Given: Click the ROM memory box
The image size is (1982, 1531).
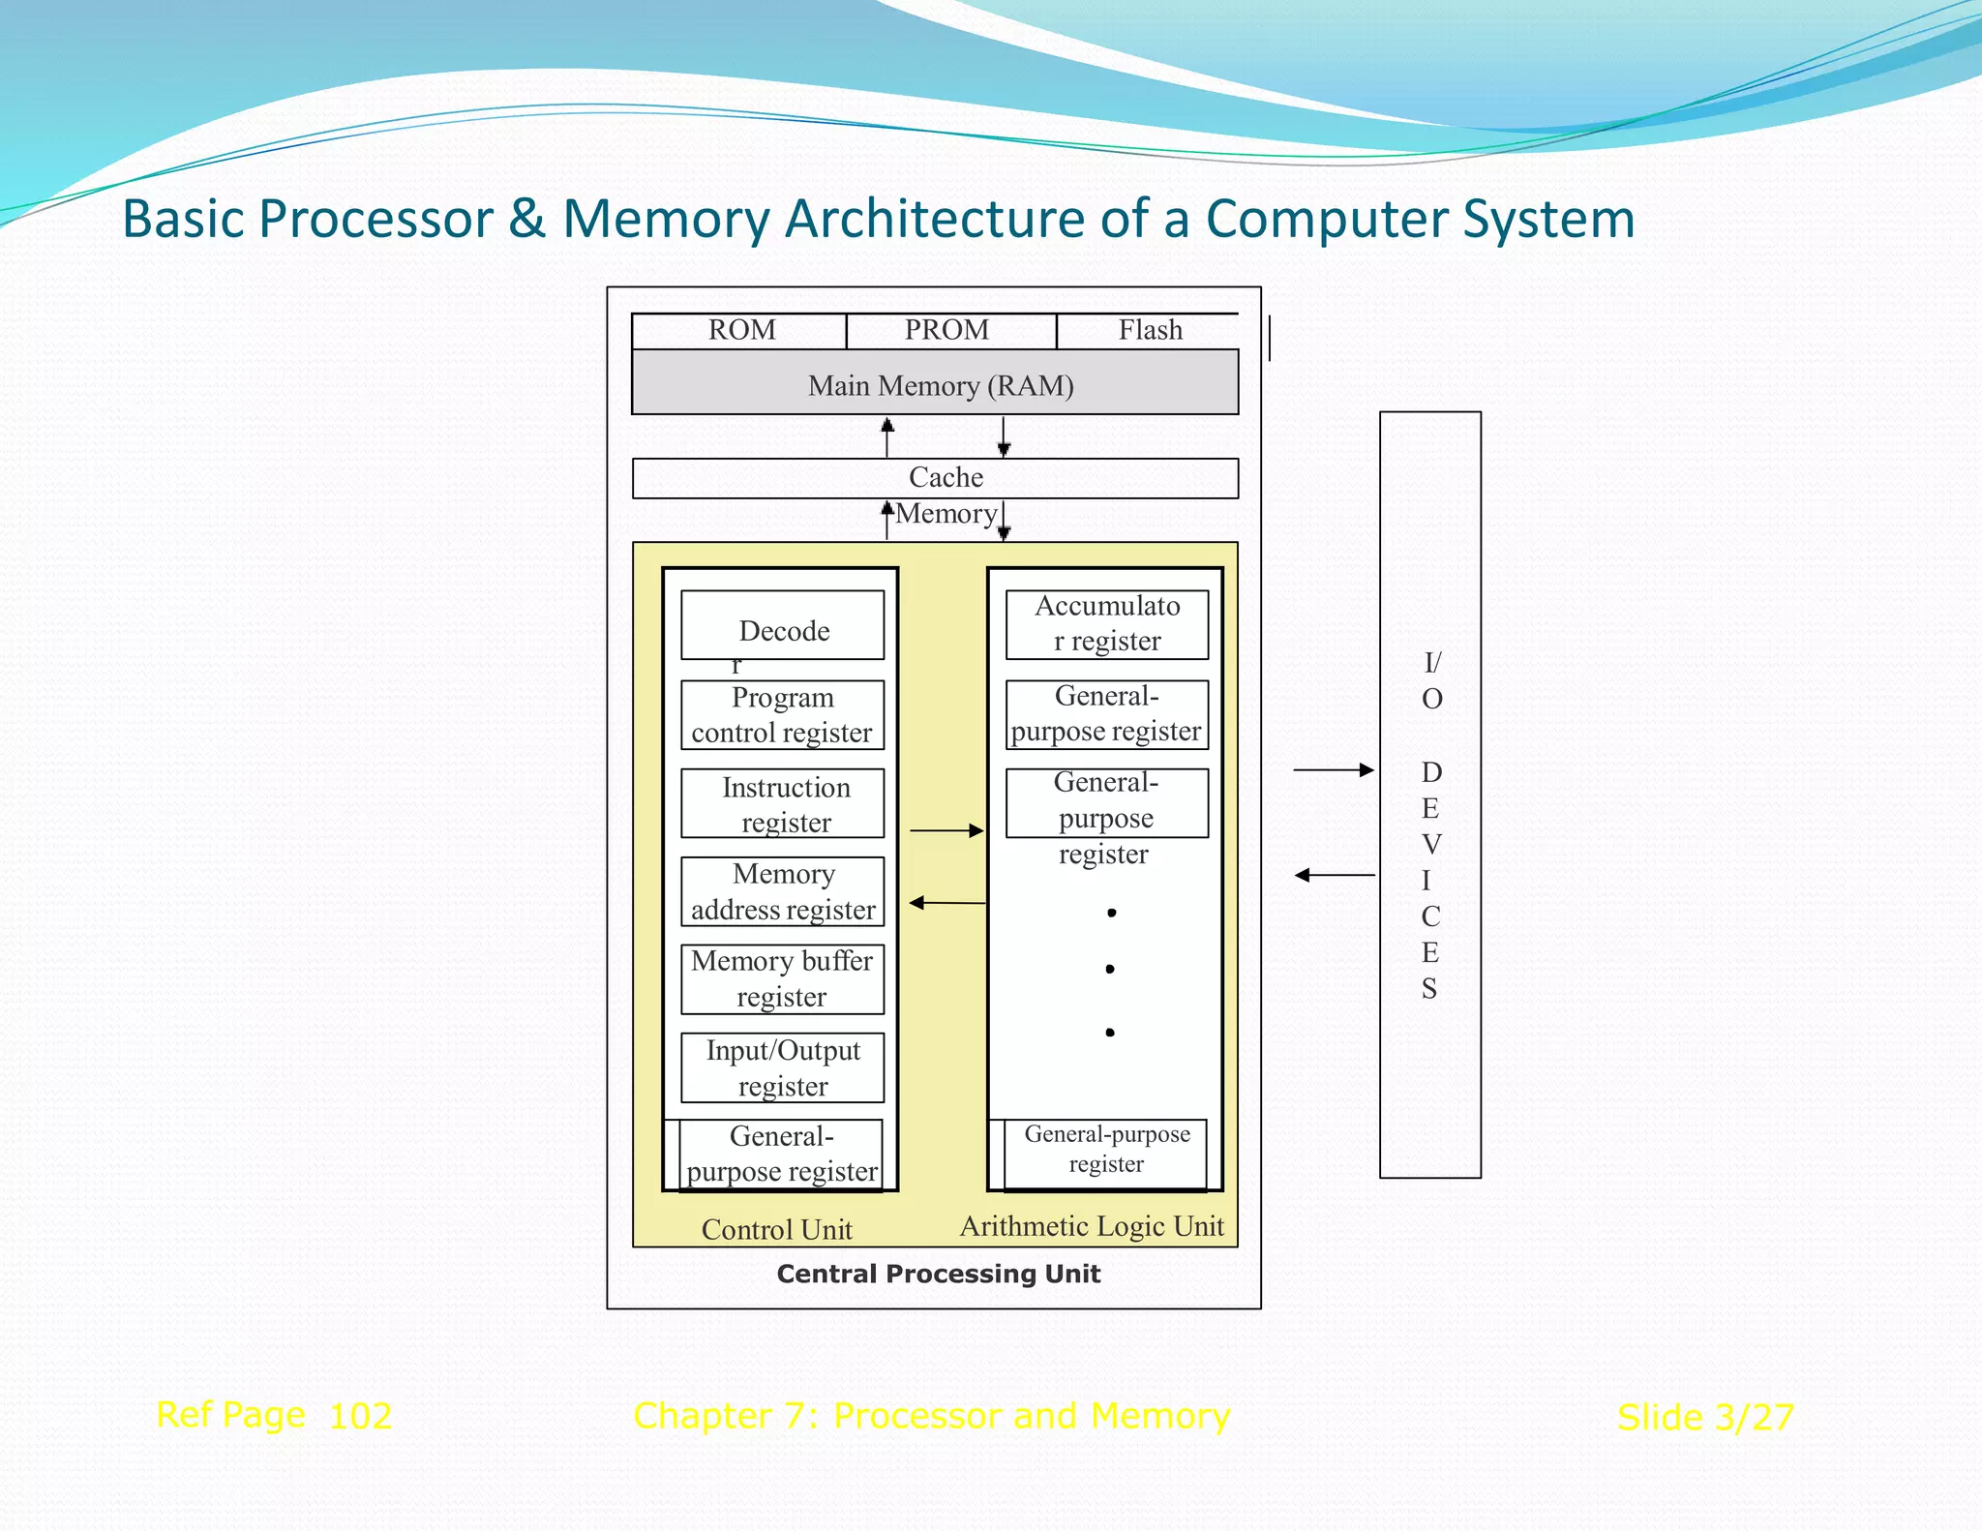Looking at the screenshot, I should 740,331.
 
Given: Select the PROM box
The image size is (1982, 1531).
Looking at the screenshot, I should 948,331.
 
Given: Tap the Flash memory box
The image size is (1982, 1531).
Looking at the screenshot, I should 1149,331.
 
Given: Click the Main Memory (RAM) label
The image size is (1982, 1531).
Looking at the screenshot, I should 940,386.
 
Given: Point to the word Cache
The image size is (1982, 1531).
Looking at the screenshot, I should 946,478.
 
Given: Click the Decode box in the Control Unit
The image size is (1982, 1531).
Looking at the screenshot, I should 782,626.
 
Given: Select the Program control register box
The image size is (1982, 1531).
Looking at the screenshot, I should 782,715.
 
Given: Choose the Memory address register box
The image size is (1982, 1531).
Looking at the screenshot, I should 782,892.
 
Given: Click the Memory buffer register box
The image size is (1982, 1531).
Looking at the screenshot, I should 782,979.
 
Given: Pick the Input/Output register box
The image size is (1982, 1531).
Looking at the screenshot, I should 782,1068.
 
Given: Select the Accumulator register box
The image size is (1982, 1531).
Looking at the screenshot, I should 1107,624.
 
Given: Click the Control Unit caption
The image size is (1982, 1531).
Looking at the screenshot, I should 776,1230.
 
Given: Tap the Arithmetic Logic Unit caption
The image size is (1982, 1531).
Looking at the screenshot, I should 1092,1227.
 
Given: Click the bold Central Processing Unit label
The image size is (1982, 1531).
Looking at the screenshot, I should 938,1274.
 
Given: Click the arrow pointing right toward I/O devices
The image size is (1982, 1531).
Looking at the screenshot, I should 1334,770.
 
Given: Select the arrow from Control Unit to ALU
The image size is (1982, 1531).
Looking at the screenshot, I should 946,830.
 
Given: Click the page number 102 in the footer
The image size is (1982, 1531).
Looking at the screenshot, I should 360,1417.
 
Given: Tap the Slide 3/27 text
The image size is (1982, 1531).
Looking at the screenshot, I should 1705,1418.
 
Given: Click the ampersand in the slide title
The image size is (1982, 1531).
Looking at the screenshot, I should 527,219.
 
